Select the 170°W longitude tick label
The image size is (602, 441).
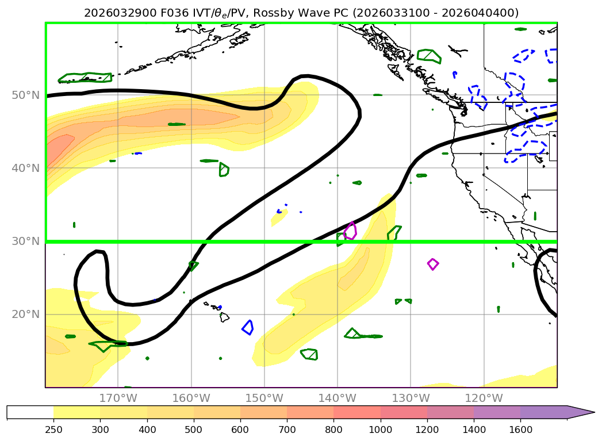pos(118,398)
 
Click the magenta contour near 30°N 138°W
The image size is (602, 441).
pos(350,231)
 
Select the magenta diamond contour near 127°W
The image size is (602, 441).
pos(433,264)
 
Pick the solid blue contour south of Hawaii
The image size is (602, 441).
pos(248,327)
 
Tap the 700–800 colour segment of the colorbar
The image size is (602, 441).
pos(310,412)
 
